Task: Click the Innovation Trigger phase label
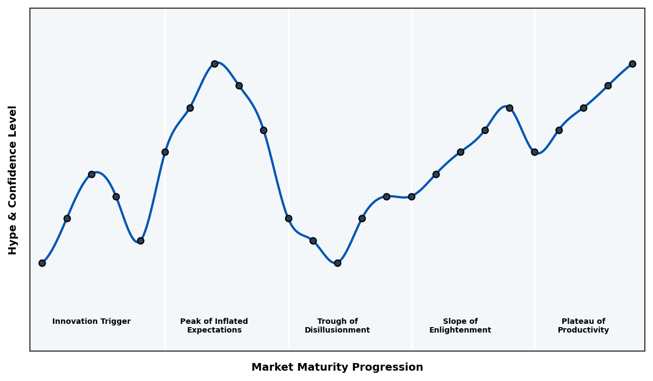pyautogui.click(x=91, y=322)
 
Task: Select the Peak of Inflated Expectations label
pyautogui.click(x=214, y=325)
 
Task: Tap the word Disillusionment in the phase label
pyautogui.click(x=337, y=330)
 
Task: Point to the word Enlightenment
pyautogui.click(x=460, y=330)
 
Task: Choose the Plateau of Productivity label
pyautogui.click(x=583, y=325)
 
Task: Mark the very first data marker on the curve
pyautogui.click(x=42, y=263)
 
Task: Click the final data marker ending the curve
pyautogui.click(x=632, y=64)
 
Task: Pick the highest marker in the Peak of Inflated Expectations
pyautogui.click(x=214, y=64)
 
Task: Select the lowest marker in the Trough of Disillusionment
pyautogui.click(x=337, y=263)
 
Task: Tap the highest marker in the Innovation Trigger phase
pyautogui.click(x=91, y=174)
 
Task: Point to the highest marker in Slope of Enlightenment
pyautogui.click(x=509, y=108)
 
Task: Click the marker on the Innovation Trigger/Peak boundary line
pyautogui.click(x=165, y=152)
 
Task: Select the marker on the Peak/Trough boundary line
pyautogui.click(x=288, y=218)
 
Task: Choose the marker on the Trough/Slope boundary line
pyautogui.click(x=411, y=196)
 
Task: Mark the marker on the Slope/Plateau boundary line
pyautogui.click(x=534, y=152)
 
